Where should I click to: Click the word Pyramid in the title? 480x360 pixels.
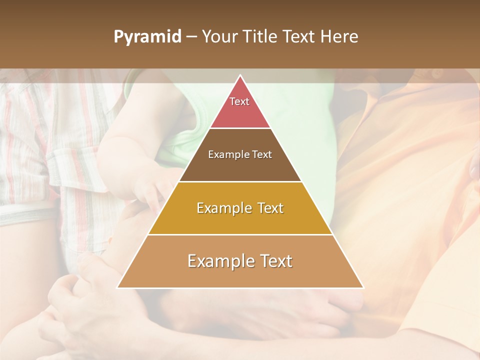coord(147,37)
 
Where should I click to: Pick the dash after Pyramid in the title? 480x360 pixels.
coord(191,37)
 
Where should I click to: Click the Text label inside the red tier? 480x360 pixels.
coord(239,101)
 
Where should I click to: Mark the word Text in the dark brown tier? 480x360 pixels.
coord(262,155)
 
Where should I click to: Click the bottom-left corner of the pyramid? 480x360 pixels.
coord(117,287)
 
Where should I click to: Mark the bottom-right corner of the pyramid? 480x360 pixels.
coord(363,287)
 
